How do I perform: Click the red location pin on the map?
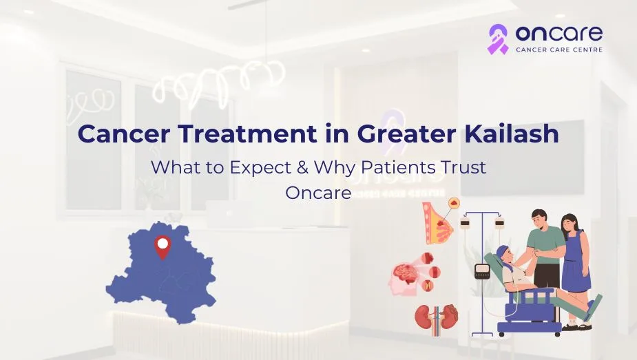163,246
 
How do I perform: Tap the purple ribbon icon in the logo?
498,39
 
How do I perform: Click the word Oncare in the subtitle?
318,193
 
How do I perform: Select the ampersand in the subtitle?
302,168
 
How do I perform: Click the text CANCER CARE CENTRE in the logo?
559,50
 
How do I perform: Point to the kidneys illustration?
436,317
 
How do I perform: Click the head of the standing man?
539,219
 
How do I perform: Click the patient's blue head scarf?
502,255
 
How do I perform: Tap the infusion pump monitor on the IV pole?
482,271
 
